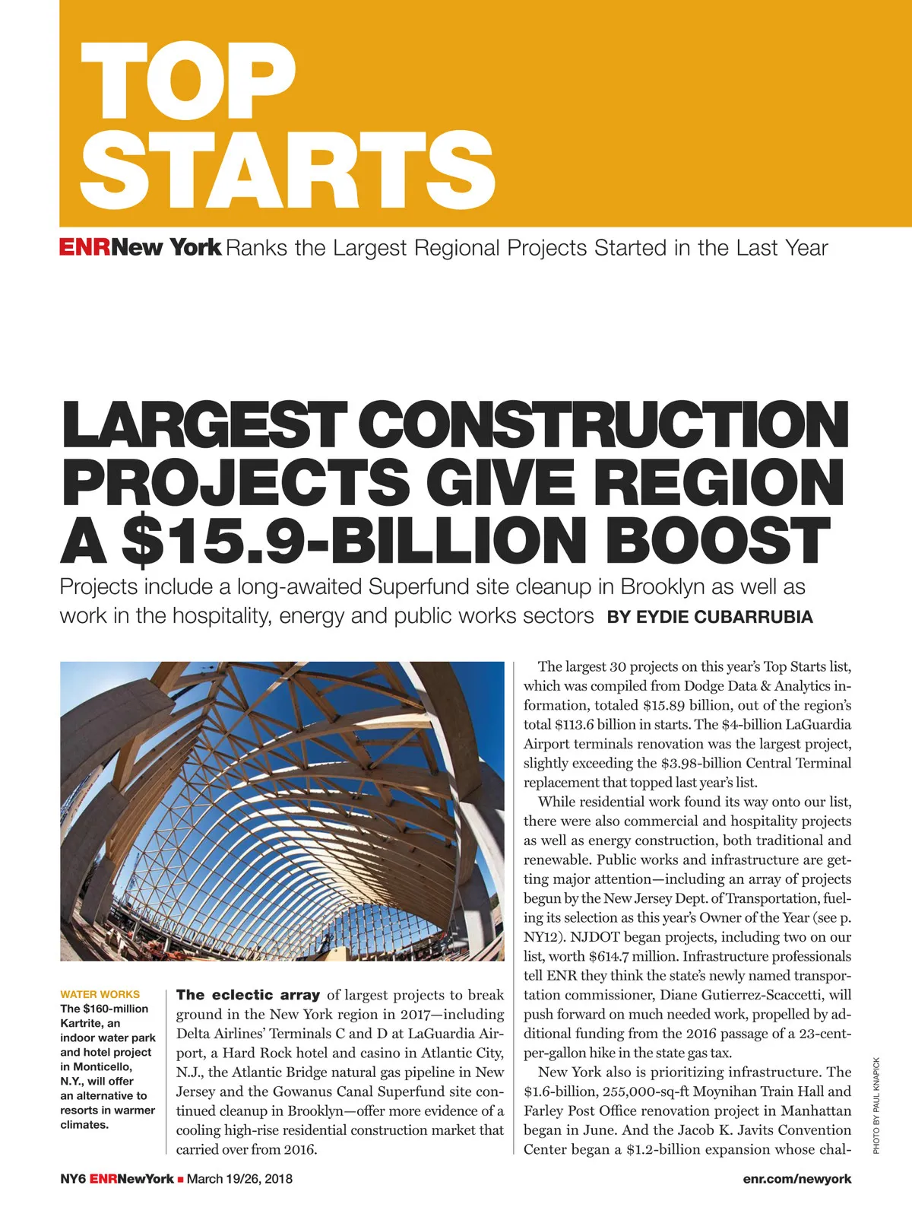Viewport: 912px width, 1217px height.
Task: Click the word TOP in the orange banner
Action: coord(187,81)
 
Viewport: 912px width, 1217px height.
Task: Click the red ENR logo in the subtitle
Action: coord(85,248)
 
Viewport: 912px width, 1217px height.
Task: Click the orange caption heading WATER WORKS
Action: coord(100,994)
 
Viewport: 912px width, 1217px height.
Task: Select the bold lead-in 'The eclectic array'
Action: coord(248,995)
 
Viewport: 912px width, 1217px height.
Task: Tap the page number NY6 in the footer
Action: coord(73,1179)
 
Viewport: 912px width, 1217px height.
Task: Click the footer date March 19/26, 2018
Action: coord(239,1179)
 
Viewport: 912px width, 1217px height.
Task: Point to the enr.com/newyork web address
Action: coord(797,1179)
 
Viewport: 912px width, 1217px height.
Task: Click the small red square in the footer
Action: coord(180,1180)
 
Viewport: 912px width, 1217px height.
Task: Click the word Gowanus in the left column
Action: coord(302,1092)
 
